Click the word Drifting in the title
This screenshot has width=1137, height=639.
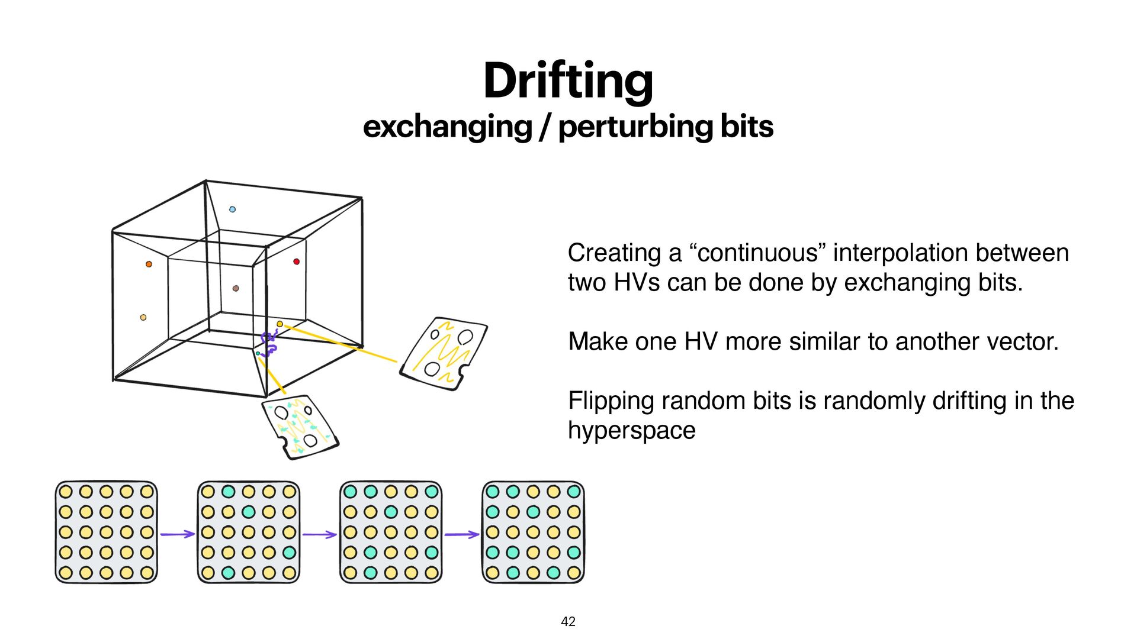(568, 81)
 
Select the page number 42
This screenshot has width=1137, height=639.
(568, 621)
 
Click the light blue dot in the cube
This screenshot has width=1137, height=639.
(232, 209)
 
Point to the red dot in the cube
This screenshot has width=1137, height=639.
(296, 262)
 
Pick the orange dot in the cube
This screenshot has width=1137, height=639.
(149, 264)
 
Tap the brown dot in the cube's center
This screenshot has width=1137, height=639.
(236, 288)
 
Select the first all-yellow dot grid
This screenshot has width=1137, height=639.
(107, 532)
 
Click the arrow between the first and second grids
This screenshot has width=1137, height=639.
(177, 534)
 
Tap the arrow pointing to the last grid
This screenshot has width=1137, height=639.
(462, 534)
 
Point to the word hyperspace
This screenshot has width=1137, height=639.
(631, 430)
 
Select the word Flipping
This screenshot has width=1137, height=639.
(611, 401)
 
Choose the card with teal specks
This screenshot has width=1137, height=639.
(300, 426)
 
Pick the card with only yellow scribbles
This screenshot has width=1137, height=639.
(444, 353)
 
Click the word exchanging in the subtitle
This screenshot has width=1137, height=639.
(447, 127)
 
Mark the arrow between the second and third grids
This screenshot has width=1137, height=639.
(319, 534)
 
